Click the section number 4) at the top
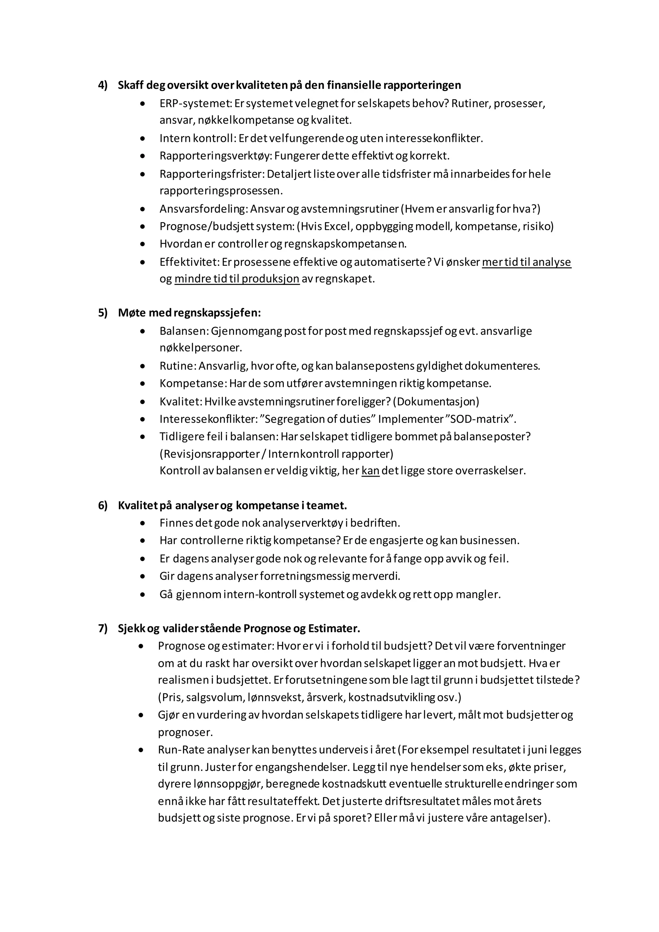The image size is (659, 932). click(103, 85)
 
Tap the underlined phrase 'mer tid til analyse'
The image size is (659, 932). click(526, 262)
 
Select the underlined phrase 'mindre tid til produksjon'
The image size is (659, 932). click(237, 279)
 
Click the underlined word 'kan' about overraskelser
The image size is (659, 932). click(370, 471)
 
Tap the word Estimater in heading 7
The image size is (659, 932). click(334, 629)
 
